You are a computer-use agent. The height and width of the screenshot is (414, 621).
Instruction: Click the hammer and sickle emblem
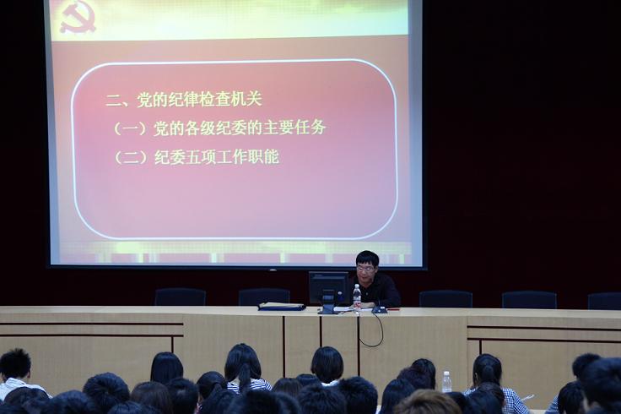click(78, 19)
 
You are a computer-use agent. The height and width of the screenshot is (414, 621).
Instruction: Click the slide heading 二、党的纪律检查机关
click(184, 99)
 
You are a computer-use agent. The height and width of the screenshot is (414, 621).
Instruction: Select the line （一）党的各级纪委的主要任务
click(219, 128)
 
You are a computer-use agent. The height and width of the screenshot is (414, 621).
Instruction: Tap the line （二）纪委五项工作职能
click(197, 156)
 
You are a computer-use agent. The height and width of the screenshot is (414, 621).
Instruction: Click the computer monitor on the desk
click(328, 288)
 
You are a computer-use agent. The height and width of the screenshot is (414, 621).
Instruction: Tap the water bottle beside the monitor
click(357, 297)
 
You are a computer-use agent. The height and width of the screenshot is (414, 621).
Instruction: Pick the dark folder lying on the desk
click(282, 306)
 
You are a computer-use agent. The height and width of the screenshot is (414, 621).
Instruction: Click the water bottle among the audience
click(446, 382)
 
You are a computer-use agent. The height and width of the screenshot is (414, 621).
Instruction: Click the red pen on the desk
click(393, 308)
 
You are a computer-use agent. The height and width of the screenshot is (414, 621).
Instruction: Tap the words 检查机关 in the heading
click(230, 99)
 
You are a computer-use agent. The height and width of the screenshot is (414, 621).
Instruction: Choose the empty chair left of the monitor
click(264, 297)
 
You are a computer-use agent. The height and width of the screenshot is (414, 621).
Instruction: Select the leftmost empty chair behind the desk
click(181, 297)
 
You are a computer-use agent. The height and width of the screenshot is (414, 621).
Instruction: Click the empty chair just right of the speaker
click(445, 299)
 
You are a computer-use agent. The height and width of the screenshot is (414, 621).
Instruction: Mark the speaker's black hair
click(367, 258)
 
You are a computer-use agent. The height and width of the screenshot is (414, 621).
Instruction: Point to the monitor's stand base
click(328, 310)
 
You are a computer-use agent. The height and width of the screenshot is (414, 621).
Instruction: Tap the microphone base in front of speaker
click(380, 311)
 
